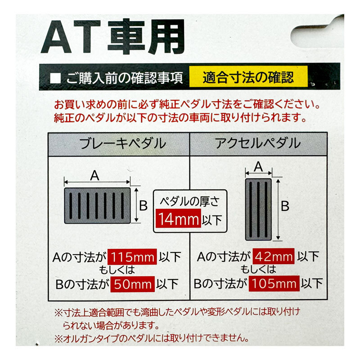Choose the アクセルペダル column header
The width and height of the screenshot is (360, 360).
(258, 144)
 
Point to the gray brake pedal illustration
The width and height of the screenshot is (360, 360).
(97, 206)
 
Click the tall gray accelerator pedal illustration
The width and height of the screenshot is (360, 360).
(258, 209)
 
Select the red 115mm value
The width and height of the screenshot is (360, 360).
(133, 257)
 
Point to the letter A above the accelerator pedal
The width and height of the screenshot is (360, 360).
(258, 166)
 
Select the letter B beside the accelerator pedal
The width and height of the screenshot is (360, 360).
(285, 207)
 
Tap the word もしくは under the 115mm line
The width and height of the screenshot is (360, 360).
(118, 270)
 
